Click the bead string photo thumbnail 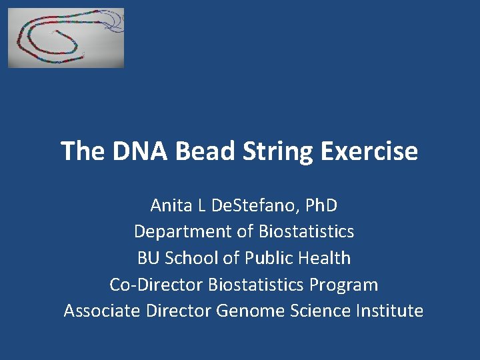[66, 38]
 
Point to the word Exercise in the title [369, 151]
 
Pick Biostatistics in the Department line [307, 231]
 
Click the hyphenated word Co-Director [157, 285]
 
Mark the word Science [317, 311]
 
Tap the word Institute [390, 311]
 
